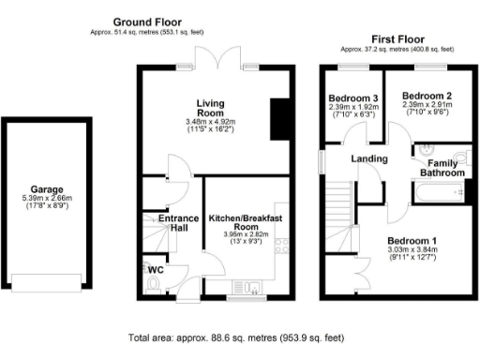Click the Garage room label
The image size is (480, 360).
tap(46, 188)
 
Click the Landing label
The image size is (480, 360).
tap(369, 158)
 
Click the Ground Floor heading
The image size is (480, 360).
tap(147, 22)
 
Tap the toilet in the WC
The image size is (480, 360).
tap(155, 281)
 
